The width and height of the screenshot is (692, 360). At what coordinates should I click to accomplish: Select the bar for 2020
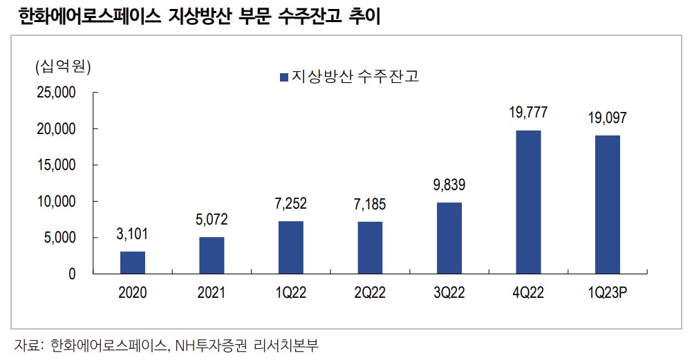133,263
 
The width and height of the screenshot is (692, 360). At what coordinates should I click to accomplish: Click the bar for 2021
212,256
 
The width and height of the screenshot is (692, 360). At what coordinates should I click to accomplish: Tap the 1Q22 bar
291,247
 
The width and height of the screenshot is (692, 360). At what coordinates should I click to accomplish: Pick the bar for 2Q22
370,248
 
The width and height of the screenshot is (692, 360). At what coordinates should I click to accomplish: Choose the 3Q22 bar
449,238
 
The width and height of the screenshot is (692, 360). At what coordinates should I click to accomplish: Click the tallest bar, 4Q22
529,202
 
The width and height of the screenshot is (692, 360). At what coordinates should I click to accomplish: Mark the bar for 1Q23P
608,205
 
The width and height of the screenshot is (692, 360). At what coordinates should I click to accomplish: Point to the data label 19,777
529,113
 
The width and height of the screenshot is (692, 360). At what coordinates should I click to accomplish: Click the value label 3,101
133,235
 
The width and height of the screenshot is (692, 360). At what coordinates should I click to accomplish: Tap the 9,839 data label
449,186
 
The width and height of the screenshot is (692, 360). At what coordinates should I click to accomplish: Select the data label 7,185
370,205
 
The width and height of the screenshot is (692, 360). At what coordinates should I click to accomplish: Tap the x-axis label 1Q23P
608,293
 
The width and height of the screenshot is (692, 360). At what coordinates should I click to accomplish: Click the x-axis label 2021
212,293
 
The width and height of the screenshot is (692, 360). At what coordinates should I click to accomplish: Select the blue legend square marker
283,77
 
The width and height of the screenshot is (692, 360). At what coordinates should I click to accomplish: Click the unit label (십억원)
63,67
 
